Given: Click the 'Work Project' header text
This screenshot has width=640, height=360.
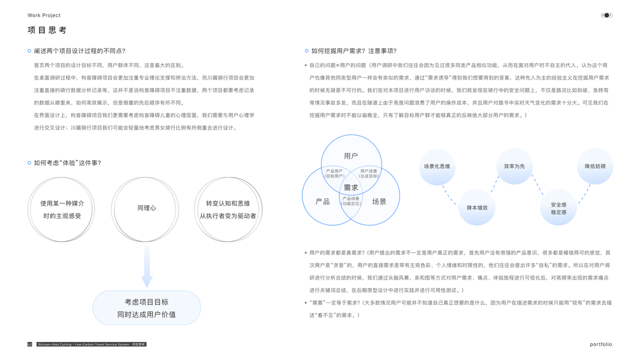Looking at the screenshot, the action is pyautogui.click(x=44, y=16).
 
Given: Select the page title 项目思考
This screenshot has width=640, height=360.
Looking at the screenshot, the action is pyautogui.click(x=47, y=30).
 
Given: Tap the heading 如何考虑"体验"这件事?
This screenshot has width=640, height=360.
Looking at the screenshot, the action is pyautogui.click(x=67, y=163).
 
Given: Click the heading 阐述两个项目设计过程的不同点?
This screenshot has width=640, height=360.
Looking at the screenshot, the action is pyautogui.click(x=79, y=51).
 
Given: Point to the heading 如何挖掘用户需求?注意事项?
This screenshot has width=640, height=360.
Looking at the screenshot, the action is pyautogui.click(x=354, y=51).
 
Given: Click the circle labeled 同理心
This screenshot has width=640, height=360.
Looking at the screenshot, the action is pyautogui.click(x=146, y=208).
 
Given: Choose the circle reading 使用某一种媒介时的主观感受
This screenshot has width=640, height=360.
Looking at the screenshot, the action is pyautogui.click(x=62, y=209).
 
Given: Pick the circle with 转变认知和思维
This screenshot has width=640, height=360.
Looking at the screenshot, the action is pyautogui.click(x=228, y=209).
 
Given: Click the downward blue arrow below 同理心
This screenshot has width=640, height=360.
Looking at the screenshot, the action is pyautogui.click(x=146, y=268).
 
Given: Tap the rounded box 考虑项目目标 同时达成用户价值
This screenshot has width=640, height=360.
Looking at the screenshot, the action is pyautogui.click(x=146, y=308).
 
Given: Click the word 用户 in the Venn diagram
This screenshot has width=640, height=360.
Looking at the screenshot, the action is pyautogui.click(x=351, y=156).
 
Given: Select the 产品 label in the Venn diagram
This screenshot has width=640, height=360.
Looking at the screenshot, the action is pyautogui.click(x=323, y=202).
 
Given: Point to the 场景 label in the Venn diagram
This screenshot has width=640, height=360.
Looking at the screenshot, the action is pyautogui.click(x=379, y=202).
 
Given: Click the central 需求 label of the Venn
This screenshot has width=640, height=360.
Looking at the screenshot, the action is pyautogui.click(x=351, y=188).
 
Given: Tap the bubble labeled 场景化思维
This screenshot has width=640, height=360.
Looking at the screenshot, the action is pyautogui.click(x=437, y=166).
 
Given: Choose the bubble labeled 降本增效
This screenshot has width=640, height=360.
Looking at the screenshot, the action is pyautogui.click(x=477, y=208).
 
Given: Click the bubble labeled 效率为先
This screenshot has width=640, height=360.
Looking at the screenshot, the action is pyautogui.click(x=515, y=166).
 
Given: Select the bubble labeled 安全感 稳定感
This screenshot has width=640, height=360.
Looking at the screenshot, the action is pyautogui.click(x=558, y=208).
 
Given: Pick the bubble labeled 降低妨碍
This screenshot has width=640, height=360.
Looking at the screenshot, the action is pyautogui.click(x=595, y=166).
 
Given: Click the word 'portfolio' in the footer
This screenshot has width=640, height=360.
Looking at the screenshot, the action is pyautogui.click(x=600, y=344).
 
